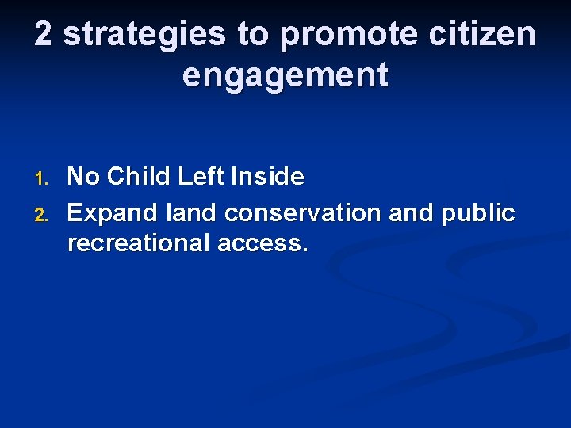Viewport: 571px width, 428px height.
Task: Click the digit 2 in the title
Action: pyautogui.click(x=44, y=35)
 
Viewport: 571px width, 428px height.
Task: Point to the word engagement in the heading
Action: pyautogui.click(x=285, y=76)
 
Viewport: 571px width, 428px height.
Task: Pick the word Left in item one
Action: pyautogui.click(x=201, y=177)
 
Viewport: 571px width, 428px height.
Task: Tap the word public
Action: pyautogui.click(x=478, y=213)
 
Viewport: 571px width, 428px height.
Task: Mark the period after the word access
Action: pyautogui.click(x=305, y=249)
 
